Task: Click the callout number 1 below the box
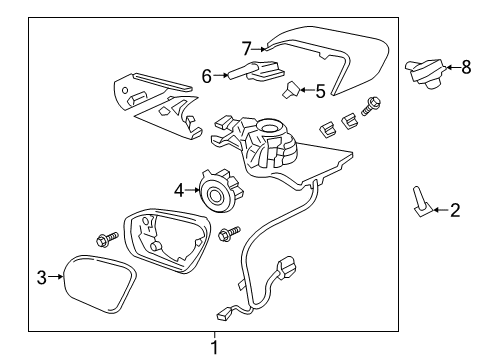212,346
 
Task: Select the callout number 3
41,276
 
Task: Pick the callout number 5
320,91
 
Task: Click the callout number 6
207,74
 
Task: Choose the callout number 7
246,46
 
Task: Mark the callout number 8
465,67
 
